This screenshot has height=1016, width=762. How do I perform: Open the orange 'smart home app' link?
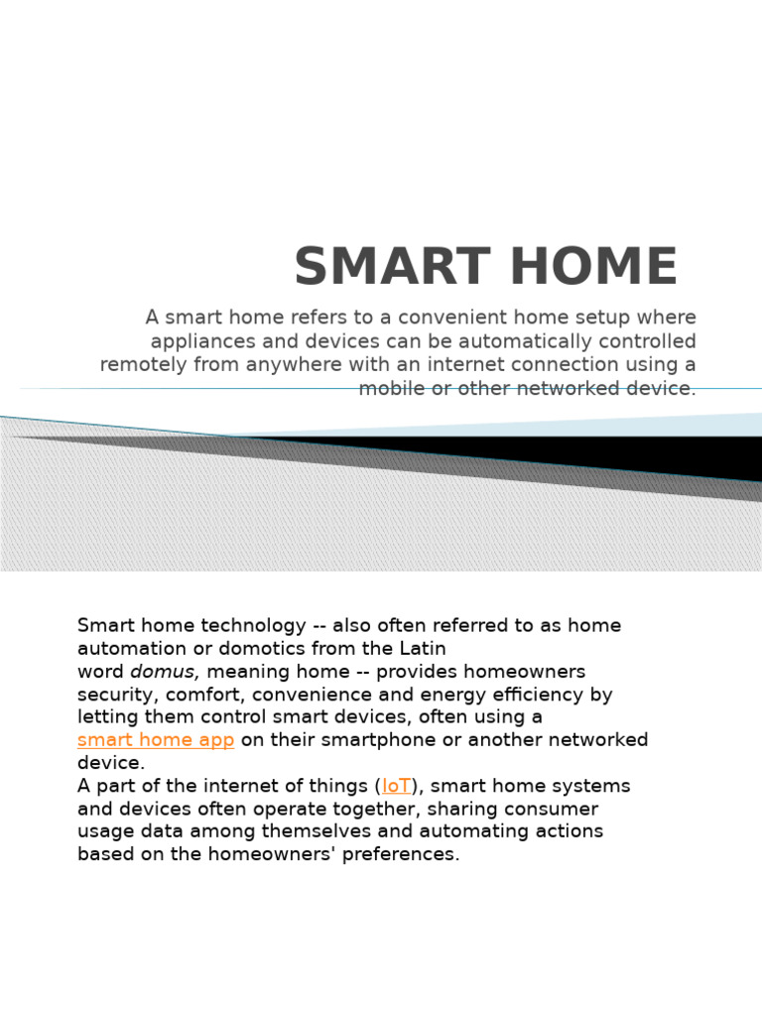coord(156,740)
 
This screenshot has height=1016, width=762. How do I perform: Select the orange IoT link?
coord(396,786)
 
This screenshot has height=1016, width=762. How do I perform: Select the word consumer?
coord(555,809)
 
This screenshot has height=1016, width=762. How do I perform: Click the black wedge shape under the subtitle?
coord(595,455)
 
